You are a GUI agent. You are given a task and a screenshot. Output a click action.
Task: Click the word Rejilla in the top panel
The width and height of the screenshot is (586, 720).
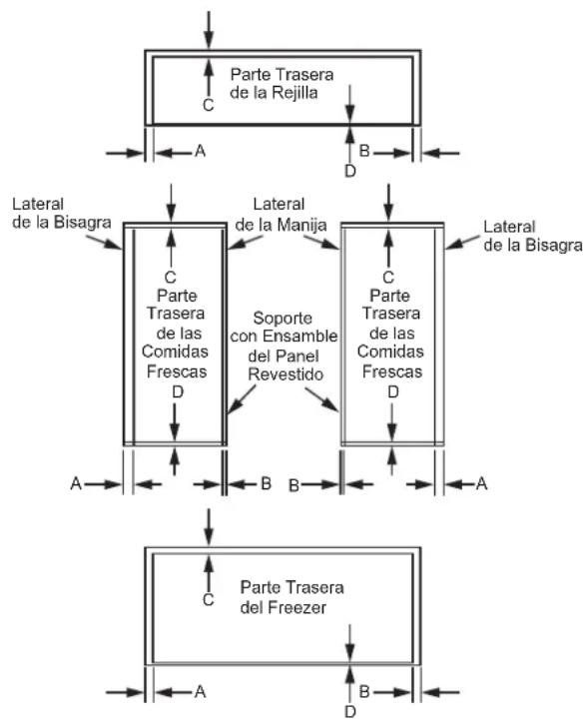294,93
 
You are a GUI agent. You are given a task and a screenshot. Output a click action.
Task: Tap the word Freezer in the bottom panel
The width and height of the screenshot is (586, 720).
296,607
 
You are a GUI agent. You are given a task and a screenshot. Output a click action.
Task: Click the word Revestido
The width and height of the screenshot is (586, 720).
286,374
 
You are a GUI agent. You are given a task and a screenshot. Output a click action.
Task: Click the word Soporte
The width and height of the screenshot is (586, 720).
283,318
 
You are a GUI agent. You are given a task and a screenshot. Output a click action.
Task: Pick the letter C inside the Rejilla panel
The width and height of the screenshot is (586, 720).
209,105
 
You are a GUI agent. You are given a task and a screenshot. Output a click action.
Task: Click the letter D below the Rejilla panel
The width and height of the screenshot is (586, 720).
350,172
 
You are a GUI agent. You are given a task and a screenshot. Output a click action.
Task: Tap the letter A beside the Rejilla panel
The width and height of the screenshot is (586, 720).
200,150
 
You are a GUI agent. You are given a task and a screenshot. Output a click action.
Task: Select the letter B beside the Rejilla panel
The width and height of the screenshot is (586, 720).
364,150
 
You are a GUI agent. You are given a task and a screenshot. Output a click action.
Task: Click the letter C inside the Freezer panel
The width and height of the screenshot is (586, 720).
209,599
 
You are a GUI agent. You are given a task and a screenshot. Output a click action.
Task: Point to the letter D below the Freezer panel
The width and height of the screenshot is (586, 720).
350,712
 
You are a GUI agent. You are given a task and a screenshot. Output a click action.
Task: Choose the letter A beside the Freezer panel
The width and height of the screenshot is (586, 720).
200,691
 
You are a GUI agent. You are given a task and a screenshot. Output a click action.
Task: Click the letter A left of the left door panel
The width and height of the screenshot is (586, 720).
76,483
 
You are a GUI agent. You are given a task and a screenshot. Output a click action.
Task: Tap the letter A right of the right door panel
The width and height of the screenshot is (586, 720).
481,483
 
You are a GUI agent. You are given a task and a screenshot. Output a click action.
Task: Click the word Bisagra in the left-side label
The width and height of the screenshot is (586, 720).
83,223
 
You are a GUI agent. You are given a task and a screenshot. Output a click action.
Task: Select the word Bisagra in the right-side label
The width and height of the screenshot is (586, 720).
554,245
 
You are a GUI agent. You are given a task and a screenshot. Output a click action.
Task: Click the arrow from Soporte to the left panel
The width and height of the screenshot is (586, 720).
242,399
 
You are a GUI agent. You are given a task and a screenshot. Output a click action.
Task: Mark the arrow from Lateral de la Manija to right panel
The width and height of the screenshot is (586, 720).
321,242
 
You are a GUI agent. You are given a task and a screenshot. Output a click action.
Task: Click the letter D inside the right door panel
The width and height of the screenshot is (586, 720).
393,391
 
